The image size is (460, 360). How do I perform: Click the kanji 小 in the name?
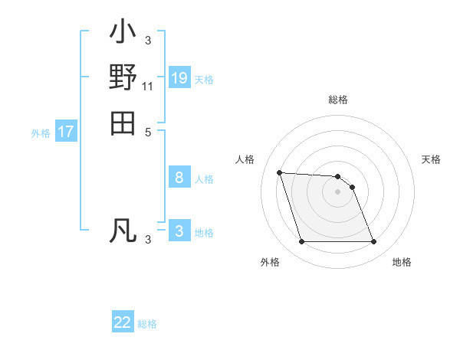pos(123,34)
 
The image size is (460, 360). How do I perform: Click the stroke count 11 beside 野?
pos(148,87)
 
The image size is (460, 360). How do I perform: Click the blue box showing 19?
pos(179,78)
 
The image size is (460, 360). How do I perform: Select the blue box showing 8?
pos(179,178)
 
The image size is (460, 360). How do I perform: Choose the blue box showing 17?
pos(66,132)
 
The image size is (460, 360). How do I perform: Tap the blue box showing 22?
pos(123,322)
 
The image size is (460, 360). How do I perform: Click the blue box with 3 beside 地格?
pos(179,231)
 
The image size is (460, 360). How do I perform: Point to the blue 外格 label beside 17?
pos(41,133)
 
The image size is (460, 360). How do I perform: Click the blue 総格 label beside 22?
pos(147,324)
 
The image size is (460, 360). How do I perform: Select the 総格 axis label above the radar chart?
pos(338,100)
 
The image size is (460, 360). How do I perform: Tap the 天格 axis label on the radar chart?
pos(432,159)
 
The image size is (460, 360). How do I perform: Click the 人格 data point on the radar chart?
pos(280,173)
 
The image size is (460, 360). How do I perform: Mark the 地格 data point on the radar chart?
pos(373,242)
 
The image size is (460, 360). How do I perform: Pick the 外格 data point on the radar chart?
pos(302,242)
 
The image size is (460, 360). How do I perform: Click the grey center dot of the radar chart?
pos(337,191)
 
